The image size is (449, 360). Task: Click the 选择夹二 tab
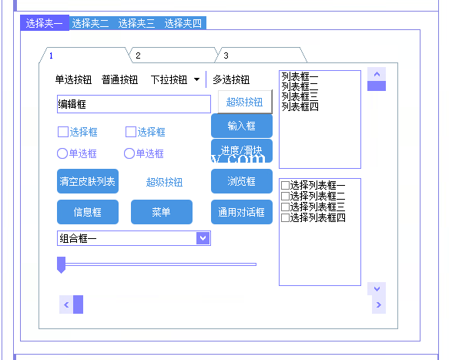(90, 23)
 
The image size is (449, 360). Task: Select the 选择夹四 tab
(183, 23)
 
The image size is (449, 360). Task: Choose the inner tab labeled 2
(173, 55)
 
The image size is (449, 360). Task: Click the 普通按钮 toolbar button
(119, 79)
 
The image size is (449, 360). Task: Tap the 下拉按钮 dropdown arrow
(196, 79)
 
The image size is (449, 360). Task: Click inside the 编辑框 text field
(134, 104)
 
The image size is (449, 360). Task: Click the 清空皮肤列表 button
(88, 181)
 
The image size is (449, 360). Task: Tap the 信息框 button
(88, 212)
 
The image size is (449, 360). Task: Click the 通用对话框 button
(242, 212)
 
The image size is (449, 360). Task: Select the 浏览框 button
(242, 181)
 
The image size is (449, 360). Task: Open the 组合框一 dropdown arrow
(203, 238)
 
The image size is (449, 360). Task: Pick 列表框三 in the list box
(300, 96)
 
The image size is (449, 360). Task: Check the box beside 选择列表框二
(285, 197)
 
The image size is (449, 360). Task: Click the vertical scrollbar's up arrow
(377, 74)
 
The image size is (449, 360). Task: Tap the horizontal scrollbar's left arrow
(66, 304)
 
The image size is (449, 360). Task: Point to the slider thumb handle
(62, 264)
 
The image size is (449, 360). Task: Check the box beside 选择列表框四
(285, 218)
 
